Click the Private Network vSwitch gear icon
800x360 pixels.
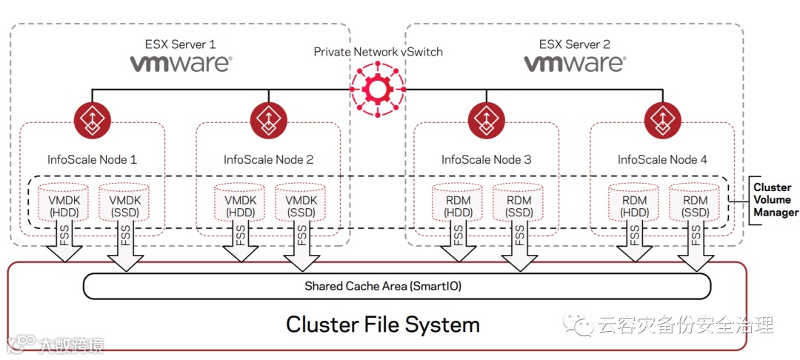click(378, 90)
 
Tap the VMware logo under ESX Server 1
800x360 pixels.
click(181, 64)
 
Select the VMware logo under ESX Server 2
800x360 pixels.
click(574, 64)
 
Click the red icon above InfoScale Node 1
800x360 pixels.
click(92, 119)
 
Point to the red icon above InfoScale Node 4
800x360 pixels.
click(662, 119)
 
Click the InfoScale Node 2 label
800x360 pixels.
click(268, 159)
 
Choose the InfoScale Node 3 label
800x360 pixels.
click(486, 159)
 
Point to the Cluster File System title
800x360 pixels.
click(383, 324)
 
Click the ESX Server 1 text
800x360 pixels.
click(180, 44)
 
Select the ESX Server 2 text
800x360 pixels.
click(573, 44)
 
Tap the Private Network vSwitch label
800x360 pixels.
click(378, 52)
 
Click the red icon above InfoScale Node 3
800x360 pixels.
click(486, 119)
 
